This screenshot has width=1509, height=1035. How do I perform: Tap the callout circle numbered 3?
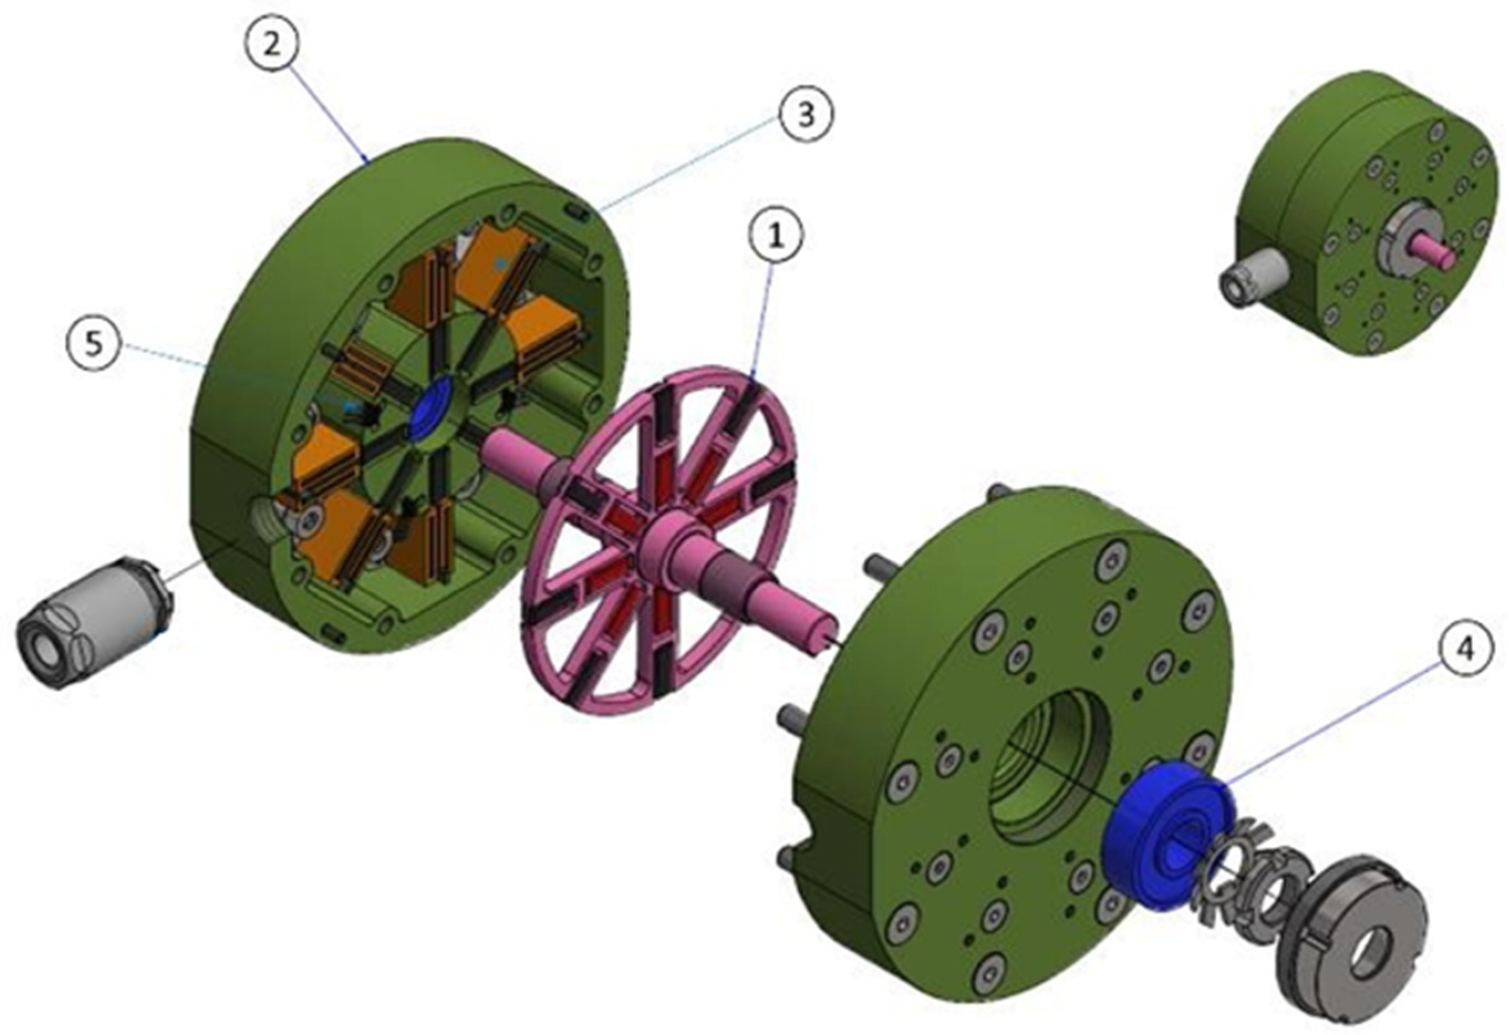coord(805,116)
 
